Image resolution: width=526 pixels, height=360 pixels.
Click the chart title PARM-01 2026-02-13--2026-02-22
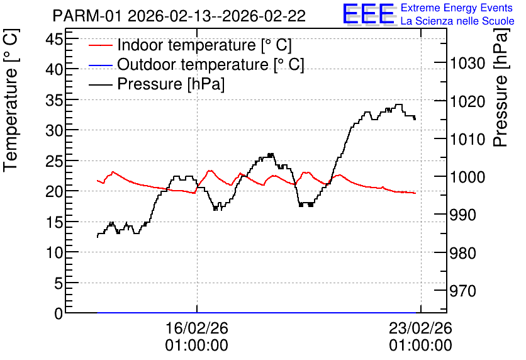click(x=179, y=16)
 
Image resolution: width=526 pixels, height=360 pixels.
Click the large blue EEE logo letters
click(x=369, y=14)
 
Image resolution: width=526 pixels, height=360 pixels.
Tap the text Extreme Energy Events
click(x=457, y=8)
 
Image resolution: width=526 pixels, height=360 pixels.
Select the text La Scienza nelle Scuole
click(x=457, y=21)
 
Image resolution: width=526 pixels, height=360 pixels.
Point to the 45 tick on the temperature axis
click(x=54, y=39)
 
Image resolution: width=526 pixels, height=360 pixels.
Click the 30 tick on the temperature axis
click(x=54, y=130)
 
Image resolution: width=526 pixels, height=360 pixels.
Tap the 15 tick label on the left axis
click(x=54, y=222)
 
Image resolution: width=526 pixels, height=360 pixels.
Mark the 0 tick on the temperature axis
click(x=59, y=313)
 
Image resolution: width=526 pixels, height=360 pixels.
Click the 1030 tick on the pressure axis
click(x=467, y=63)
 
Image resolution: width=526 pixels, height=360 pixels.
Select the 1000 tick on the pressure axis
click(x=467, y=177)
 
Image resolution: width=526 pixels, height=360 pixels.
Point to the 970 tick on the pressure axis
click(x=463, y=291)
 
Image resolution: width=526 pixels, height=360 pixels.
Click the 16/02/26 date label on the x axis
click(x=196, y=337)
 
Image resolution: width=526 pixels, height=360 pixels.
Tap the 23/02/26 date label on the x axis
click(x=421, y=337)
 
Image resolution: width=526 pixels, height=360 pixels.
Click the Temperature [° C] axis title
click(x=11, y=100)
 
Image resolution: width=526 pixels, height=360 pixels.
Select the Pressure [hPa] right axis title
click(x=500, y=87)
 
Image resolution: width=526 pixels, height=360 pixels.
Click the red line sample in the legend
click(x=100, y=45)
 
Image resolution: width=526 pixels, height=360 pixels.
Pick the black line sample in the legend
click(x=100, y=84)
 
